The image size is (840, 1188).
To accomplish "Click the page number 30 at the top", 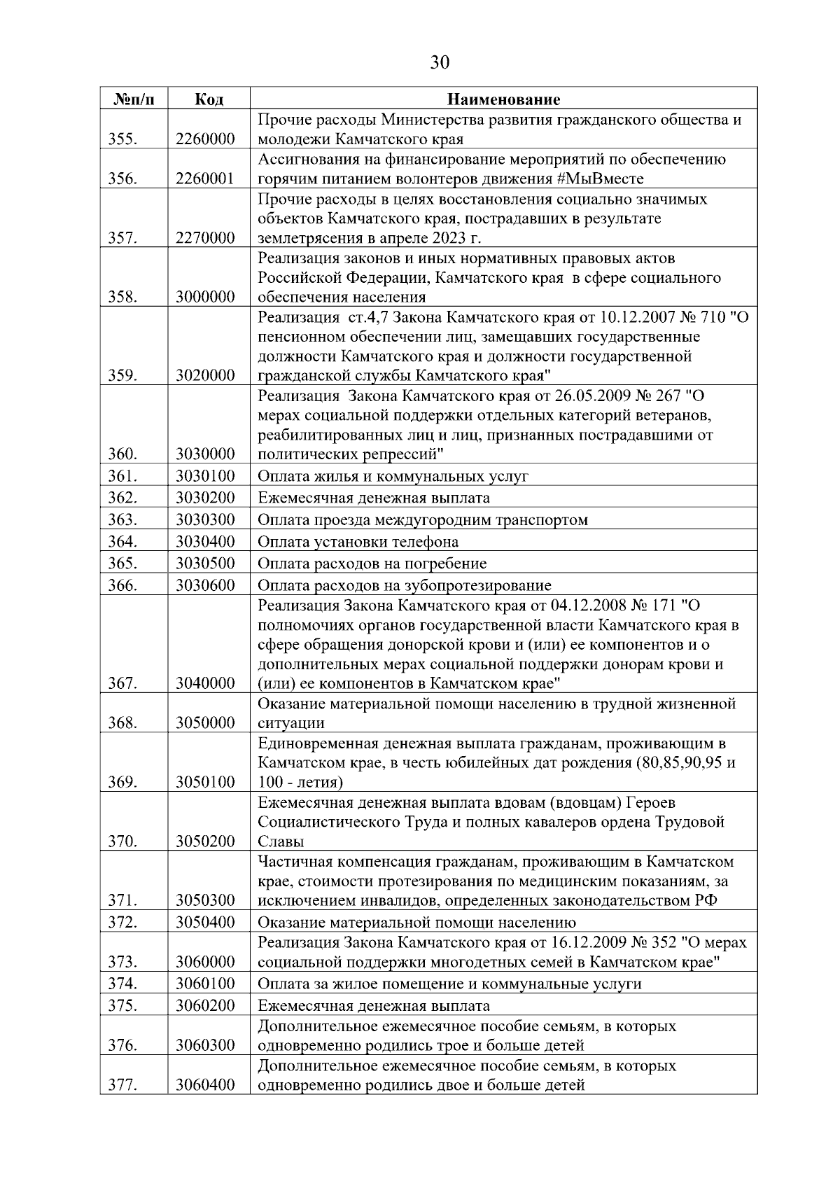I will pyautogui.click(x=440, y=63).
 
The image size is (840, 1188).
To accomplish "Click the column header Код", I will pyautogui.click(x=209, y=99).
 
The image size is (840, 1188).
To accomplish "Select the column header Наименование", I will pyautogui.click(x=503, y=99).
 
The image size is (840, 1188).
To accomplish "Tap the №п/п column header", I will pyautogui.click(x=133, y=99).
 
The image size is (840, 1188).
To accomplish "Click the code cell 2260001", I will pyautogui.click(x=204, y=179).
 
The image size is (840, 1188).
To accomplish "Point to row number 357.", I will pyautogui.click(x=122, y=238).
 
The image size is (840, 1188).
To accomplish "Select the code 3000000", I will pyautogui.click(x=204, y=297).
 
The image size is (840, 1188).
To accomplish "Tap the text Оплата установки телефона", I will pyautogui.click(x=358, y=542).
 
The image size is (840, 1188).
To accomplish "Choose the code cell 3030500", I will pyautogui.click(x=204, y=564).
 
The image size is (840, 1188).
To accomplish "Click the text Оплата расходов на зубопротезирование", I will pyautogui.click(x=404, y=586).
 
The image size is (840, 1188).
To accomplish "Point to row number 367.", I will pyautogui.click(x=122, y=683).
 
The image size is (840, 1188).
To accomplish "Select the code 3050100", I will pyautogui.click(x=204, y=782).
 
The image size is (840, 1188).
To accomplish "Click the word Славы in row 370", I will pyautogui.click(x=281, y=841).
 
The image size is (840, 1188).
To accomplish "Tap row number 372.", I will pyautogui.click(x=122, y=922).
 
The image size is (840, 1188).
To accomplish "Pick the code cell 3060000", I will pyautogui.click(x=204, y=962).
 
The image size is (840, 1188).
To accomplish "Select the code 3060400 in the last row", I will pyautogui.click(x=204, y=1086).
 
